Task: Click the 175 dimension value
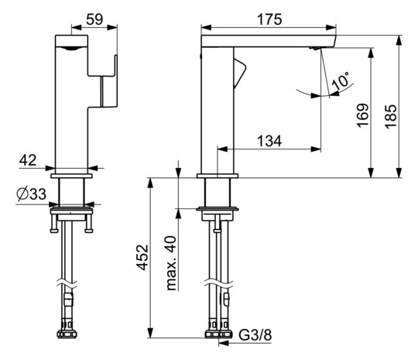pos(269,19)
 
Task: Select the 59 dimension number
pos(94,19)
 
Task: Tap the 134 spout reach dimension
pos(269,141)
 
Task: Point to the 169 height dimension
pos(363,115)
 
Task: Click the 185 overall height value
pos(391,117)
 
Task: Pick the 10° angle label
pos(341,81)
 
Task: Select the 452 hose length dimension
pos(142,257)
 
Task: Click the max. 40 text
pos(171,263)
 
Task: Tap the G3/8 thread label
pos(255,334)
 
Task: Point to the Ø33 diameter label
pos(32,194)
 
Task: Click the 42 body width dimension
pos(28,160)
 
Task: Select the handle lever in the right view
pos(240,74)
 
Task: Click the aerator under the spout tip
pos(315,48)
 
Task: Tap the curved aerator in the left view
pos(71,48)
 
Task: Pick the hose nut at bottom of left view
pos(67,334)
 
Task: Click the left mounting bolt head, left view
pos(54,231)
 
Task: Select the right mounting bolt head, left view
pos(89,231)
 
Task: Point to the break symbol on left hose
pos(67,283)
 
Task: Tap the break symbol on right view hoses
pos(218,283)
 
